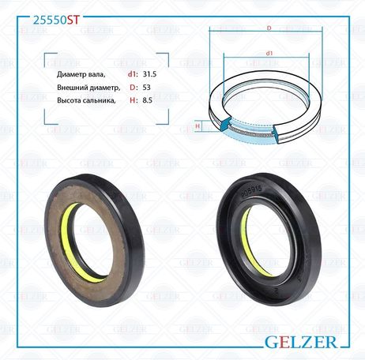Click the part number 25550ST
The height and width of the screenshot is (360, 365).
pyautogui.click(x=56, y=20)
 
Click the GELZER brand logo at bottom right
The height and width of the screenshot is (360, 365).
pyautogui.click(x=301, y=342)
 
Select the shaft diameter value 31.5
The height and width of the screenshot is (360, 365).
pyautogui.click(x=149, y=74)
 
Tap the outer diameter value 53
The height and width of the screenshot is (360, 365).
pyautogui.click(x=146, y=88)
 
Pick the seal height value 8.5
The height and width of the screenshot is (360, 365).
pyautogui.click(x=148, y=100)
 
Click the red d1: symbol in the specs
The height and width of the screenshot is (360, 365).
pyautogui.click(x=133, y=74)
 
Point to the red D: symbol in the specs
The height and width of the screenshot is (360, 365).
pyautogui.click(x=134, y=88)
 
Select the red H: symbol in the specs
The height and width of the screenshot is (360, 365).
pyautogui.click(x=134, y=100)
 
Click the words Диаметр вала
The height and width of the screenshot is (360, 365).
pyautogui.click(x=81, y=75)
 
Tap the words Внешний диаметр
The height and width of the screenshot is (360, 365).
pyautogui.click(x=88, y=88)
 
